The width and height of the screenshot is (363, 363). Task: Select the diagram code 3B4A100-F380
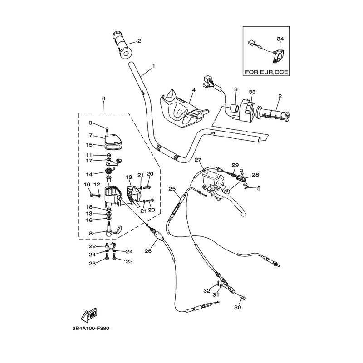(90, 328)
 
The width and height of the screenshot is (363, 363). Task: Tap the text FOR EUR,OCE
(266, 72)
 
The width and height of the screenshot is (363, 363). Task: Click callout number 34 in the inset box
(280, 39)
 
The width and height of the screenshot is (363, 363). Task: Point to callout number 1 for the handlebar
(153, 66)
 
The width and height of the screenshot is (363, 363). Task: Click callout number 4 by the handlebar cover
(194, 90)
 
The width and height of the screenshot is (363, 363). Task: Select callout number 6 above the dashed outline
(104, 98)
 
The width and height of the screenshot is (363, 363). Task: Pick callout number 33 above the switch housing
(252, 92)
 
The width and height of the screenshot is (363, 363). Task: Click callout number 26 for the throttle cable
(148, 251)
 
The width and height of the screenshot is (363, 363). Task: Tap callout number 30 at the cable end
(238, 307)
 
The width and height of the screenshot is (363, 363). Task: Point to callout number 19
(129, 177)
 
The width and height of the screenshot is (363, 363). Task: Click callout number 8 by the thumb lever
(91, 233)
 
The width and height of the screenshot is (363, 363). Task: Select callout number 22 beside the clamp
(93, 246)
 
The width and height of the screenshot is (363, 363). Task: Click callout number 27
(198, 160)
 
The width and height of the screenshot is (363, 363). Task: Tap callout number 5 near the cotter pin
(259, 188)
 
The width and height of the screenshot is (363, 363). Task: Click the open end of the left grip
(126, 54)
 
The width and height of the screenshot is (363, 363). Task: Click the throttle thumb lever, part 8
(113, 229)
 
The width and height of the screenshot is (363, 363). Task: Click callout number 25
(172, 189)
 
